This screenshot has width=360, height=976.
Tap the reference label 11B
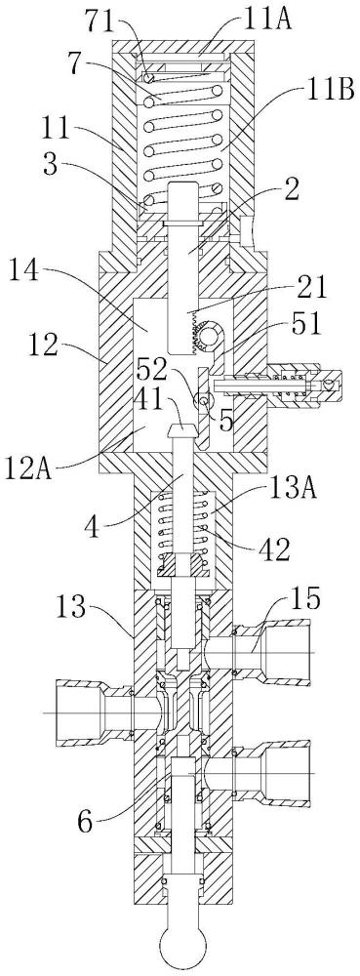click(x=332, y=91)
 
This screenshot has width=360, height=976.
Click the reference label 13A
click(x=291, y=490)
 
